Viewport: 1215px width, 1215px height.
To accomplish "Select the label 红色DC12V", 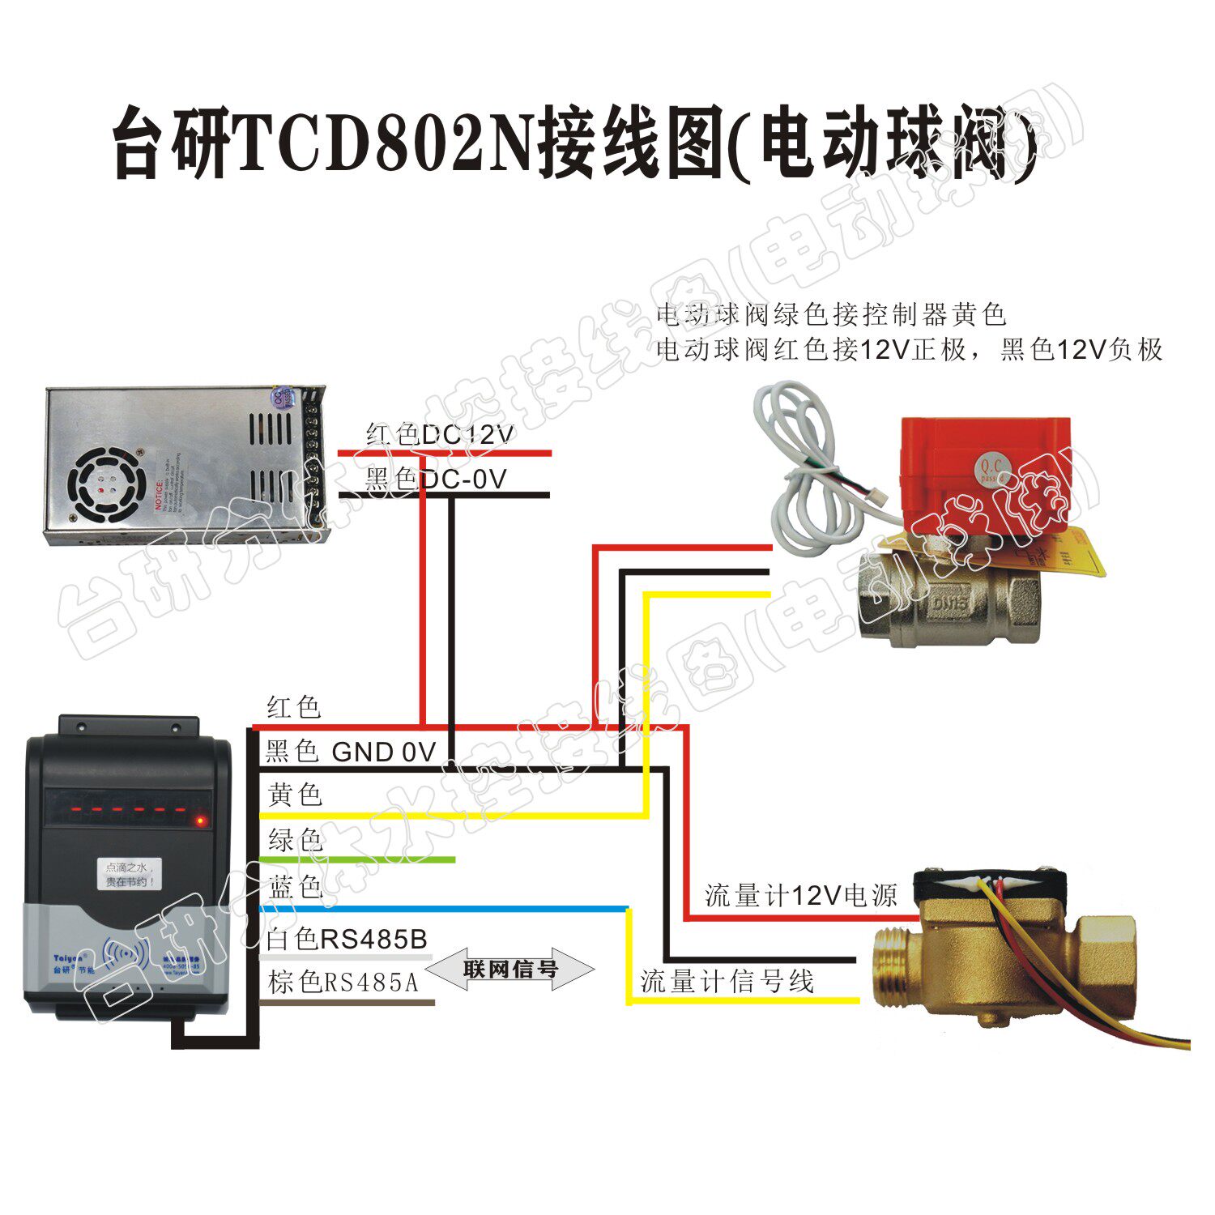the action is pos(439,435).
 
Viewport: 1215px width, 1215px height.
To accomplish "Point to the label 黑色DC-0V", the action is pos(435,479).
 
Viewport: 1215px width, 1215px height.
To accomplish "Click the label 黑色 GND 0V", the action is pos(350,752).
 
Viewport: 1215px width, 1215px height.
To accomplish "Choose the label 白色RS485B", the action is pos(347,939).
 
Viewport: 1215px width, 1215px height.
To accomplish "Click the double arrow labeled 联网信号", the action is pos(510,969).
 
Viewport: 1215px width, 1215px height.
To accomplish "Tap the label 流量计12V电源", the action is pos(800,896).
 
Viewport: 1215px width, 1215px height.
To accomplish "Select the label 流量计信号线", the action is pos(727,982).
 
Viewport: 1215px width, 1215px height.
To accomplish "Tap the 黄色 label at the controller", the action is pos(295,795).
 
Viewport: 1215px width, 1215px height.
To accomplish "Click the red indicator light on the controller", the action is pos(200,822).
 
